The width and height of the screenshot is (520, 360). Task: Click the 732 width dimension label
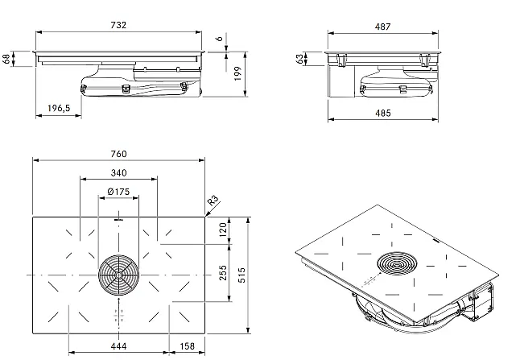coord(118,25)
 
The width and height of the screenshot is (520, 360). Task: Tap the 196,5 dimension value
coord(59,108)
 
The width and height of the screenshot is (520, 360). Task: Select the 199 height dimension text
coord(237,73)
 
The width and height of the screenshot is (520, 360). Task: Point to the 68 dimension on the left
coord(6,59)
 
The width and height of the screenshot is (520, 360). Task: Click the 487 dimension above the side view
coord(382,27)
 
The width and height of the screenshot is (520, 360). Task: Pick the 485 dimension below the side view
coord(382,113)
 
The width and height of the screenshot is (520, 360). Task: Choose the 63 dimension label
coord(299,59)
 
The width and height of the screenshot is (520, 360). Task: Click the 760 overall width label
coord(118,154)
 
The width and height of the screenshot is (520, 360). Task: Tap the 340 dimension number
coord(118,173)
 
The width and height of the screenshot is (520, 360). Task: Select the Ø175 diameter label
coord(118,192)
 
